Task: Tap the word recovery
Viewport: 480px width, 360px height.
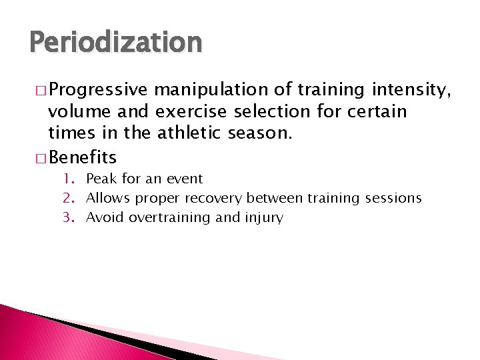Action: click(x=215, y=198)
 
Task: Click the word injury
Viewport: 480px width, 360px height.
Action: click(x=264, y=217)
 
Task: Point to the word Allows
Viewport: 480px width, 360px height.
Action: click(x=109, y=198)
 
